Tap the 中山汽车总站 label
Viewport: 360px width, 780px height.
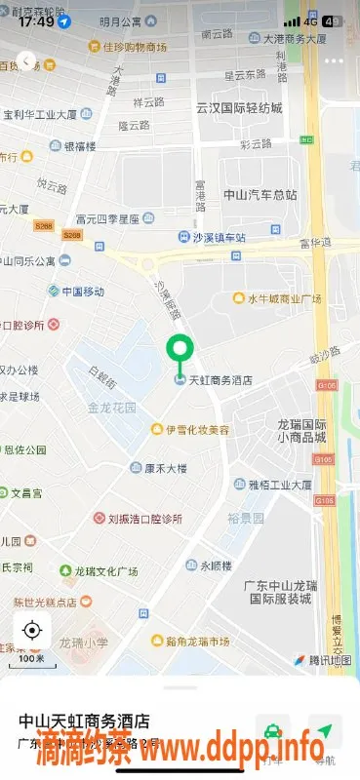click(260, 194)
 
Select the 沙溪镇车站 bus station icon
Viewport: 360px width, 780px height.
click(183, 237)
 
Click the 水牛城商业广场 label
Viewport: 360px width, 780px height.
click(284, 298)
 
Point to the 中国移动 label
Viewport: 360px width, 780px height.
click(82, 292)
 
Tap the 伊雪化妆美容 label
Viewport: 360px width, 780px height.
click(196, 429)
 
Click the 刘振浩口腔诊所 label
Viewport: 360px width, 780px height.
click(144, 519)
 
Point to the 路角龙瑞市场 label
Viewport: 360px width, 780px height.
click(196, 641)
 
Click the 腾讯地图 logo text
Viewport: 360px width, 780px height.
click(328, 660)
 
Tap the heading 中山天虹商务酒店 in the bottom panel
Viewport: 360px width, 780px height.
click(85, 721)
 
